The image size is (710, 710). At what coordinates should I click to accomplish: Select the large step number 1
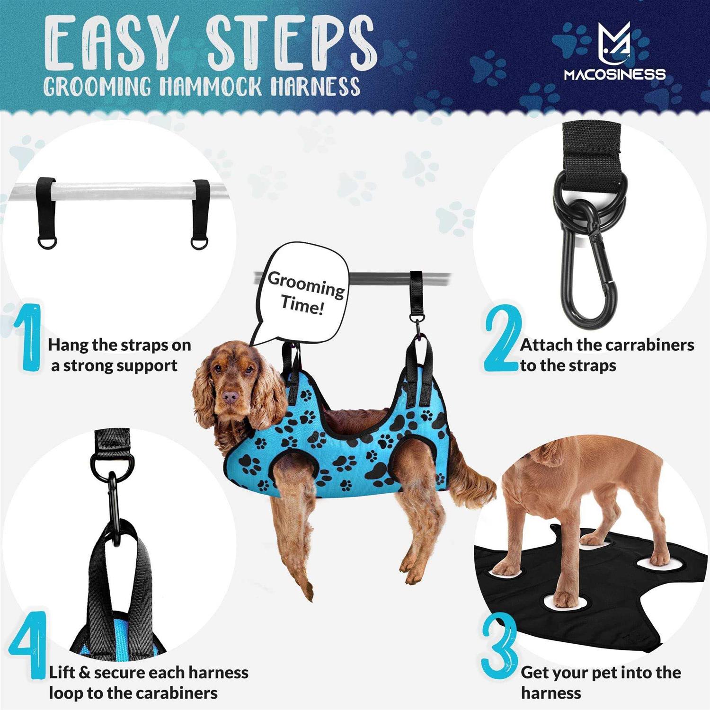(29, 337)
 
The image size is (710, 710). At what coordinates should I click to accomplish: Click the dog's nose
(230, 397)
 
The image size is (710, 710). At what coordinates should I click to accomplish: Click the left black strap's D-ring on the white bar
(47, 242)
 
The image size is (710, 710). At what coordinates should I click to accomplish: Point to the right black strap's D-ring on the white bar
(199, 242)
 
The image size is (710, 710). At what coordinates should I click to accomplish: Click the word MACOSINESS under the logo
(614, 74)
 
